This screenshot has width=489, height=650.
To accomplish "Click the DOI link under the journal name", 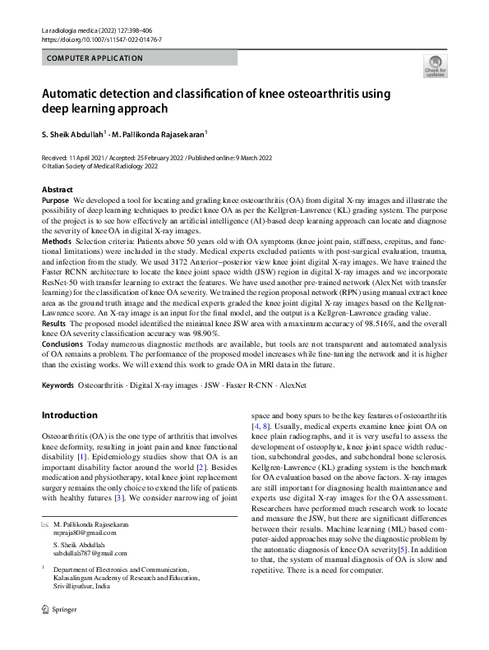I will [x=101, y=39].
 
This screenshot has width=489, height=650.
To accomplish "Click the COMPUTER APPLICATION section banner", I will [x=95, y=58].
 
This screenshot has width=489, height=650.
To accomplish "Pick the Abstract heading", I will [x=57, y=190].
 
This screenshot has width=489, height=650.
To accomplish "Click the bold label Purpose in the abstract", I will [x=55, y=200].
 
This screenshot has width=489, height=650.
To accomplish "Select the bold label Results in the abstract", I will [x=54, y=325].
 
